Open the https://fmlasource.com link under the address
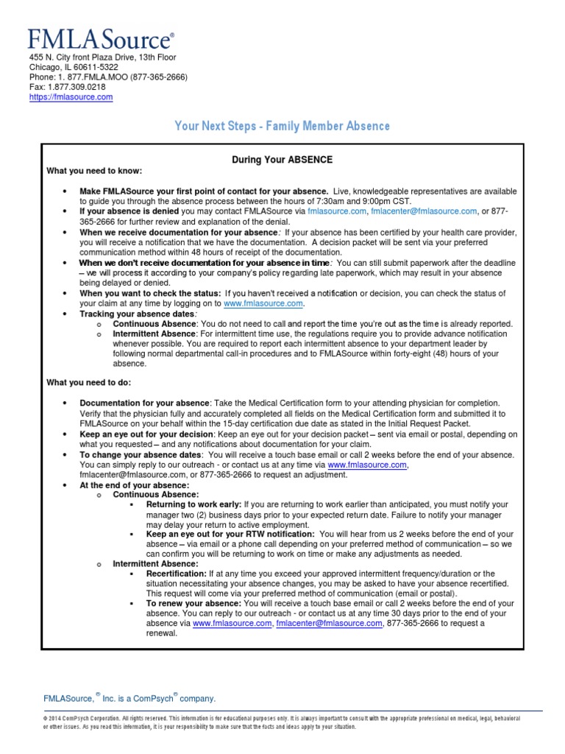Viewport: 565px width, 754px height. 71,97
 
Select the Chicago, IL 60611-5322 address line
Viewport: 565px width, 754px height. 74,67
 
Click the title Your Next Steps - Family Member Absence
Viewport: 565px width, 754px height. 282,127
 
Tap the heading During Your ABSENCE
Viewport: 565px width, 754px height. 282,160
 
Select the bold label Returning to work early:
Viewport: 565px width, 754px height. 192,504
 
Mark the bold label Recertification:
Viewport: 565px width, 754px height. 176,574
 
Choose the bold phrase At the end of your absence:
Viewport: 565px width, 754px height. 134,485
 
